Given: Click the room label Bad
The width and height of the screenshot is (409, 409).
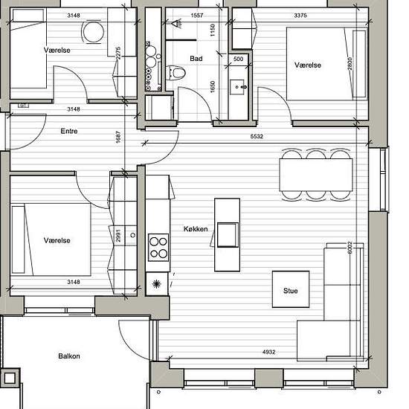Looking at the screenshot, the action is click(196, 59).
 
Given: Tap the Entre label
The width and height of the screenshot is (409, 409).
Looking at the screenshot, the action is click(69, 131).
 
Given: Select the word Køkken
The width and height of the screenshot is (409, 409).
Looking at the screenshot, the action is click(196, 229).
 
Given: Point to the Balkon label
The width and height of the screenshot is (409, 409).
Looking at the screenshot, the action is click(69, 356).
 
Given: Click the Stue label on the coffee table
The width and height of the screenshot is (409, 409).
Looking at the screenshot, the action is click(290, 291).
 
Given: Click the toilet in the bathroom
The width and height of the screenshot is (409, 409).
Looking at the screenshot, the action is click(175, 72).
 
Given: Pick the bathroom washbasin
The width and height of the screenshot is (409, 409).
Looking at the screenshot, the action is click(237, 87).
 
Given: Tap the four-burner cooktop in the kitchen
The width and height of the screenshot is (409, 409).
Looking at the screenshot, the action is click(158, 248).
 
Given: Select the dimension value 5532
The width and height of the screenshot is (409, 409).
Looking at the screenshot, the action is click(257, 136).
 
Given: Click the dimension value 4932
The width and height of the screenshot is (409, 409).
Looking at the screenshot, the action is click(268, 352).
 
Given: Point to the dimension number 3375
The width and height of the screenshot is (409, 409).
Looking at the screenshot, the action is click(300, 16).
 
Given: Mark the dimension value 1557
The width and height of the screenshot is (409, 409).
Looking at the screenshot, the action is click(196, 16).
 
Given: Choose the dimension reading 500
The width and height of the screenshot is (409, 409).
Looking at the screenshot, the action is click(238, 59).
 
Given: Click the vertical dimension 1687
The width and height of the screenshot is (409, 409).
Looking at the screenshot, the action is click(118, 137).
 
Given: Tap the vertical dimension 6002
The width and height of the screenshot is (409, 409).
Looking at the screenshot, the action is click(350, 248).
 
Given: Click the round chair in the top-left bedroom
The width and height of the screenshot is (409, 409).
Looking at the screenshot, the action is click(93, 32).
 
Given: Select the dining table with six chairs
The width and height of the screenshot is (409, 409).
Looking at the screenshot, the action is click(316, 175).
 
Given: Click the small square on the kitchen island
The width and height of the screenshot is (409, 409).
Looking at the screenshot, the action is click(228, 235).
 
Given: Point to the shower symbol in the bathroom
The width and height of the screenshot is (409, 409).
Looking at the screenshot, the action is click(176, 24).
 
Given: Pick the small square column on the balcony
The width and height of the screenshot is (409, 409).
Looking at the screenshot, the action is click(10, 377).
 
